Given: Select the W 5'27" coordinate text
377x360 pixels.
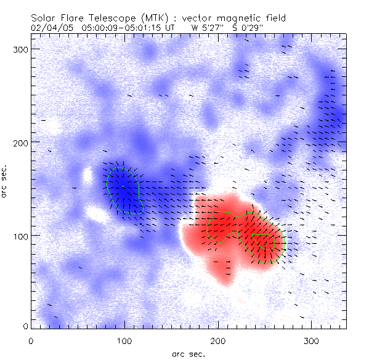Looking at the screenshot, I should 208,28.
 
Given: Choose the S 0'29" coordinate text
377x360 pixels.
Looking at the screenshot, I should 255,28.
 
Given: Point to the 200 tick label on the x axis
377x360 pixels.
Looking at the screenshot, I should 218,340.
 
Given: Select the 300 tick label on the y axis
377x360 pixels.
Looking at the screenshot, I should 22,49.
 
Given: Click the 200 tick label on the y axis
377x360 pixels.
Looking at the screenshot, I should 22,142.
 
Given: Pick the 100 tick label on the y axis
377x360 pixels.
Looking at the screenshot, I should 22,236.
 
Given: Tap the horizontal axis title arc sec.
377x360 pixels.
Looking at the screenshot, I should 188,353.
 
